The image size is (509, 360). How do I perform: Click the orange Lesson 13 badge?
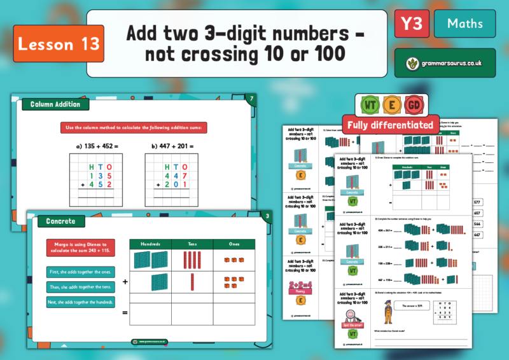58,43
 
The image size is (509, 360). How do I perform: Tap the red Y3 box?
411,24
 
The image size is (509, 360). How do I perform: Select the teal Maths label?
464,24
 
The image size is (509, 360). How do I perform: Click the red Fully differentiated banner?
388,124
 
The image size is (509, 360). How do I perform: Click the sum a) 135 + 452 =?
98,146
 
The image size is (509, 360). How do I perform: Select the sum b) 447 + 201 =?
173,146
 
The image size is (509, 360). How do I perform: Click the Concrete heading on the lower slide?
62,221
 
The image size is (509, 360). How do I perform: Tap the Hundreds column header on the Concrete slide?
150,244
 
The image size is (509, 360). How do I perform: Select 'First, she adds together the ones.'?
80,272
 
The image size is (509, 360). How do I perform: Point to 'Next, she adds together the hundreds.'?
80,301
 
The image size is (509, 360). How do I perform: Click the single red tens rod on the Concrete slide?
192,281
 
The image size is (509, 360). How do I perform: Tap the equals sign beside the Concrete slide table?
125,312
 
